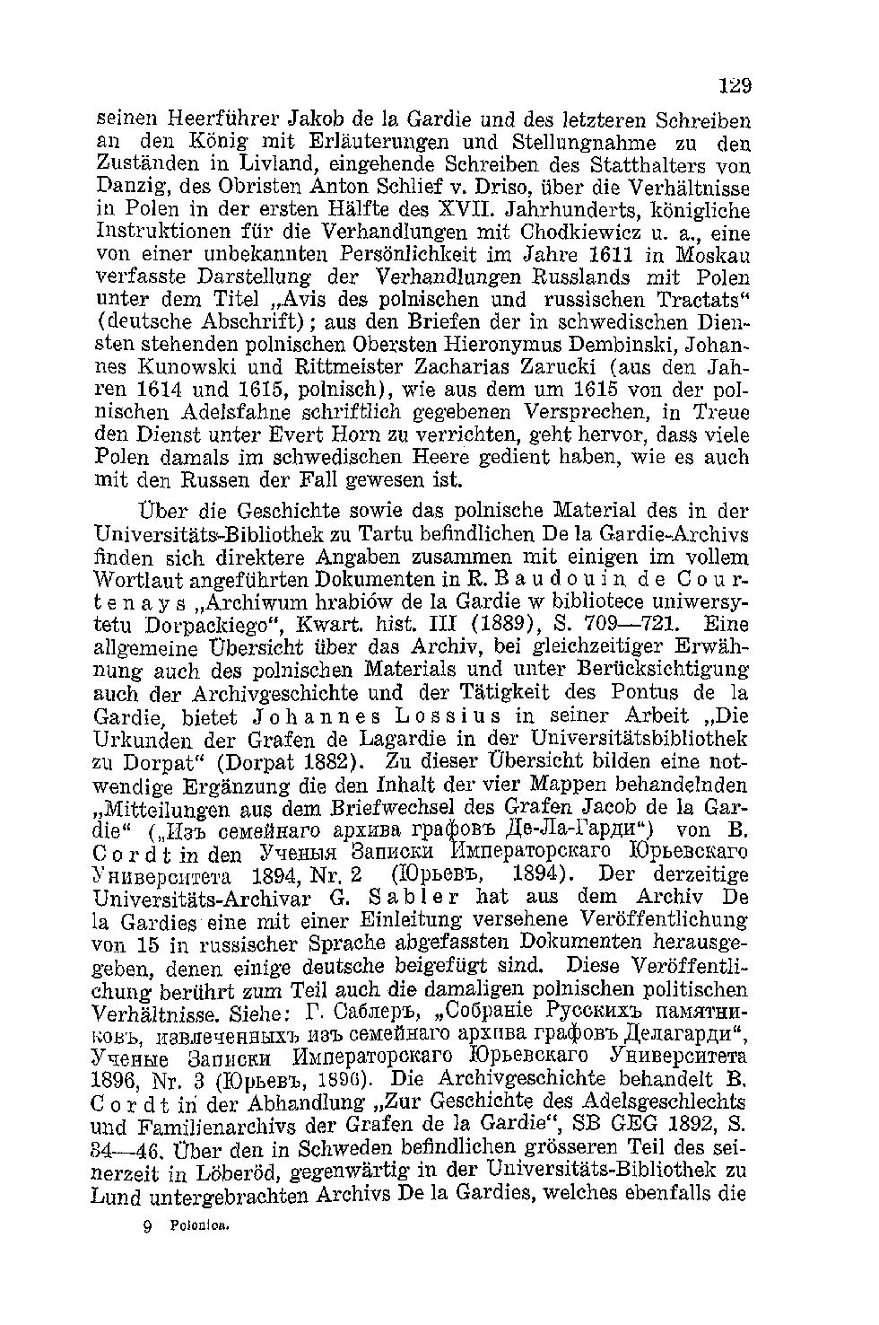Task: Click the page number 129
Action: (734, 87)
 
